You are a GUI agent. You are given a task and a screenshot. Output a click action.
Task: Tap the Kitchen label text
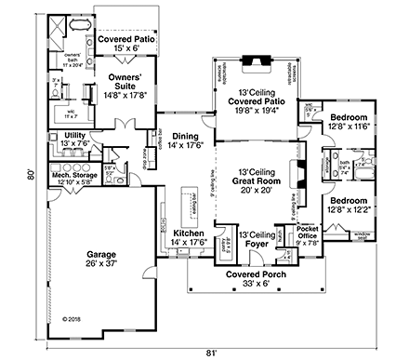pos(191,233)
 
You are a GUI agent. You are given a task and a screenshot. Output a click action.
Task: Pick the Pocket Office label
pos(308,233)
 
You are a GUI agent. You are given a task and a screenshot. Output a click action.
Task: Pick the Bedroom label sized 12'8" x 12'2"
pos(349,204)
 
